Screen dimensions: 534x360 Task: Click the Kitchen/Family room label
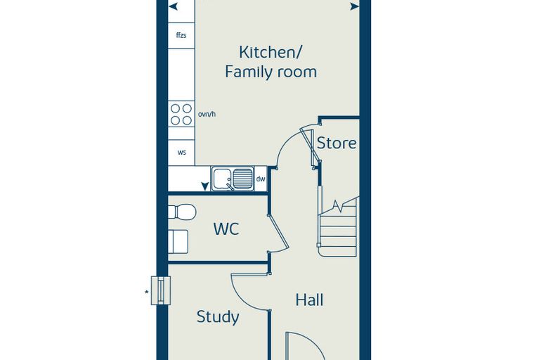[x=271, y=62]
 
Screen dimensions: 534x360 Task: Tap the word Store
[x=337, y=143]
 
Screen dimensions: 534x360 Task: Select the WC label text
[x=226, y=229]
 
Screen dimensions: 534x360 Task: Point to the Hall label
[x=309, y=300]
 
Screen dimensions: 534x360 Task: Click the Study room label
[x=218, y=317]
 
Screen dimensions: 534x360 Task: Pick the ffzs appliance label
[x=181, y=35]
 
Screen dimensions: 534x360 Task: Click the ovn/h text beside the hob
[x=207, y=114]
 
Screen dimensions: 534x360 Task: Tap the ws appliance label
[x=181, y=153]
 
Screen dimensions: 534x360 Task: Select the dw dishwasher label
[x=261, y=179]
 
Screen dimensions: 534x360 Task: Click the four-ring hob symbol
[x=181, y=114]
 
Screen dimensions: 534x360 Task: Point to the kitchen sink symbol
[x=233, y=179]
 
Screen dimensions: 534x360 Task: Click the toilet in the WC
[x=182, y=212]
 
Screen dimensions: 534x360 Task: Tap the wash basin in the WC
[x=178, y=241]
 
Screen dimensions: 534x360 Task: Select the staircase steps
[x=337, y=229]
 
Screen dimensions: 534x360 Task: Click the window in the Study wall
[x=161, y=290]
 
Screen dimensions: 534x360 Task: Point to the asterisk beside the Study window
[x=147, y=292]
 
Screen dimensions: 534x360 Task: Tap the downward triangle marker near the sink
[x=204, y=186]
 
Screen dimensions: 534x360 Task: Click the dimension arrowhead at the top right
[x=355, y=6]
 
